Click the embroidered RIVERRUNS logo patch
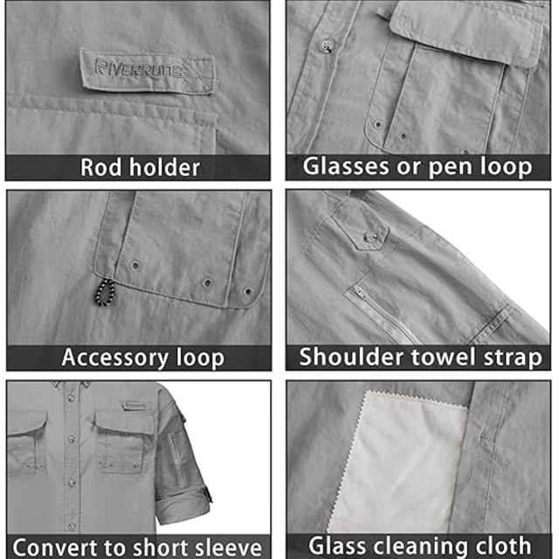click(x=148, y=69)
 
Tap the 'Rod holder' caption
click(x=140, y=167)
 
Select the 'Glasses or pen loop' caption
click(x=418, y=167)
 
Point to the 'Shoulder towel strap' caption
click(x=420, y=357)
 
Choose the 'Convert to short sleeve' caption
click(x=138, y=547)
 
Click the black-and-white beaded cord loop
click(x=106, y=300)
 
